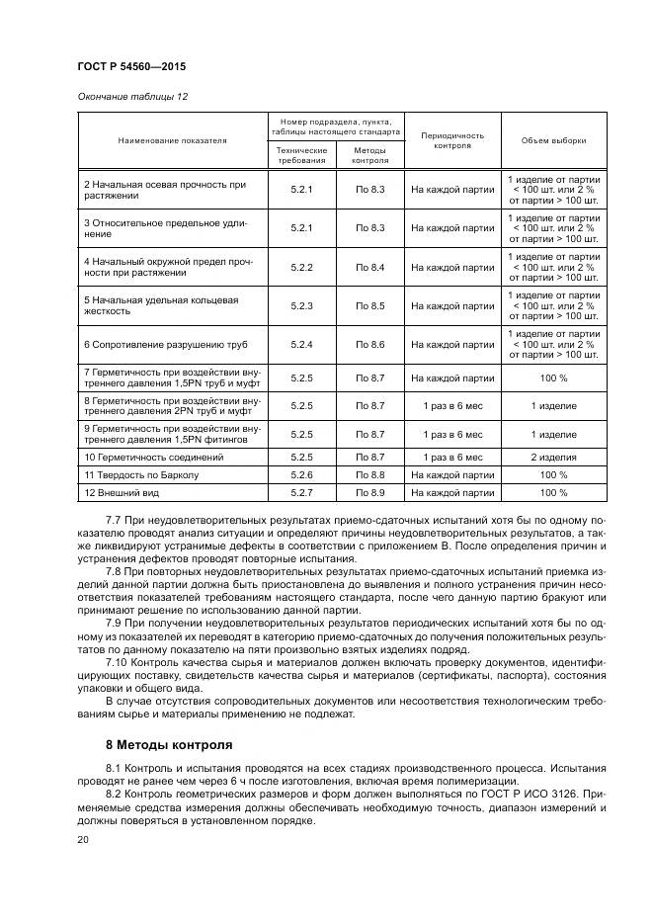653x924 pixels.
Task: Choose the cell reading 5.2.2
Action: coord(301,267)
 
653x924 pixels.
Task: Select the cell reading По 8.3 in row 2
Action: coord(369,189)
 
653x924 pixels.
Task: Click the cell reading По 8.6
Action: coord(369,344)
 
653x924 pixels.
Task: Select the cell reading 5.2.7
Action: coord(301,492)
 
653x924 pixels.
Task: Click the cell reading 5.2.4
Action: coord(301,344)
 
